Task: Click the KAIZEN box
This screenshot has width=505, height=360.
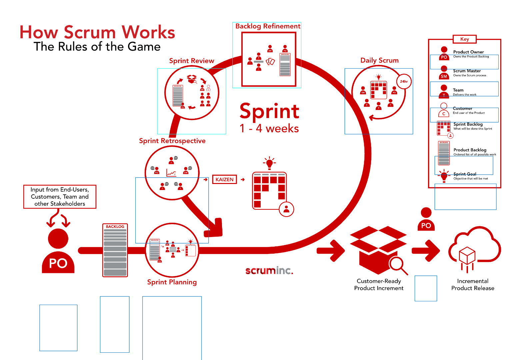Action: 224,179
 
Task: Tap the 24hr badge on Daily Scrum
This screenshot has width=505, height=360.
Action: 404,81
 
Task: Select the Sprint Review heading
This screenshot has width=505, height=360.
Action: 191,61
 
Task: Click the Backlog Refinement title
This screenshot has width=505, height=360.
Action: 268,26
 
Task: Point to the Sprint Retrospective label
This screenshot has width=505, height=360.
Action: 172,141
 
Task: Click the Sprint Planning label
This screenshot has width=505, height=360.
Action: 172,282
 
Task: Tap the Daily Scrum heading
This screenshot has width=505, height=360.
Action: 379,60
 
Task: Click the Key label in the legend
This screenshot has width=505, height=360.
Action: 464,39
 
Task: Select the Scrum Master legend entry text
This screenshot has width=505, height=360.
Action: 467,71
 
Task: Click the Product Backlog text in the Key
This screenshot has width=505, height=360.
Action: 470,150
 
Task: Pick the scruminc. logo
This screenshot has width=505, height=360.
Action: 269,270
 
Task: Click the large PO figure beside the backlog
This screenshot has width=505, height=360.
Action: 58,252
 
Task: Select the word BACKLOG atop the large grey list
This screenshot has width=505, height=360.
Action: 115,227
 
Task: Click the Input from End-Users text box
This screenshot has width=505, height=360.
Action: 60,197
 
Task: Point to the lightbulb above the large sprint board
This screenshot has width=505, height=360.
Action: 269,163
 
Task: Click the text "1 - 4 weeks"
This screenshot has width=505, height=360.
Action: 269,128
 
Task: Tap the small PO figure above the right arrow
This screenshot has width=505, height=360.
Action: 426,219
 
